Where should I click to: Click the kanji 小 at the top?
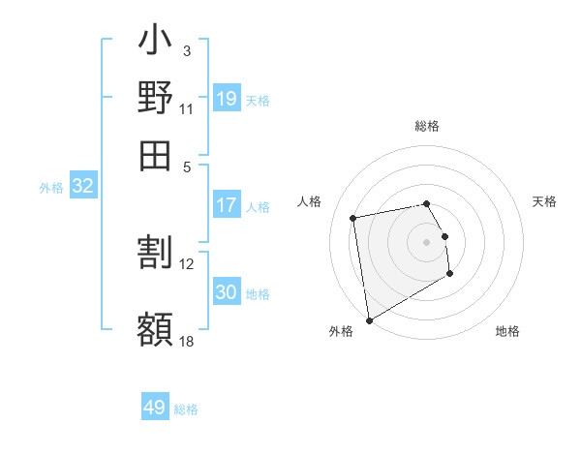155,43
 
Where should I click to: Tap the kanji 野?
155,98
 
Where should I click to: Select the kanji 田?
155,155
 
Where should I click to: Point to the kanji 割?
155,253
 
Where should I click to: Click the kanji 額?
155,328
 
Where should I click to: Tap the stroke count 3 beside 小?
186,50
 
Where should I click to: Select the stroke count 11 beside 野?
187,108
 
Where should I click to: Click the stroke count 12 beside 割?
187,263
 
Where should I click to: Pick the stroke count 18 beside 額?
187,340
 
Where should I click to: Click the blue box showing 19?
227,98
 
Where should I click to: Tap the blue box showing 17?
227,205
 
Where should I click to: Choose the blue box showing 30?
227,292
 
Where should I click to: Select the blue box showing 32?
82,187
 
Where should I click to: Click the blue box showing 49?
155,408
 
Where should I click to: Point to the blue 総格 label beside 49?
186,409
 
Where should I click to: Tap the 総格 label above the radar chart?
426,126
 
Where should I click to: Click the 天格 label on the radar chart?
545,201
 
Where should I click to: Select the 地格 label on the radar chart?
507,332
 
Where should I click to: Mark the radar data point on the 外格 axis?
369,319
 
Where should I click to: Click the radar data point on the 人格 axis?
353,217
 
